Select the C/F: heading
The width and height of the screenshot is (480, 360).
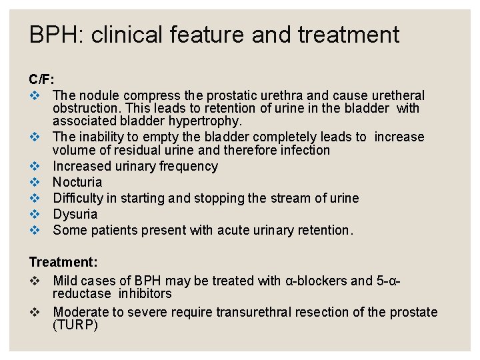(41, 80)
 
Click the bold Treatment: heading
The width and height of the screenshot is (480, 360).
(63, 263)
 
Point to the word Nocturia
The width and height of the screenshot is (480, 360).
(77, 182)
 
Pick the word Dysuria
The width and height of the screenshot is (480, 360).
(75, 214)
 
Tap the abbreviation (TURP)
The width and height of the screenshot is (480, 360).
(75, 325)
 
